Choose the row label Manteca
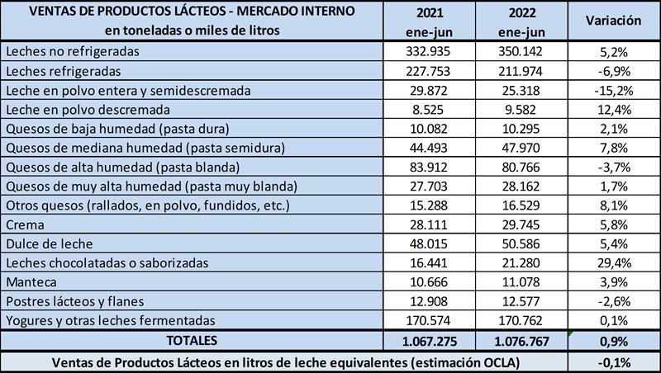[30, 281]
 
